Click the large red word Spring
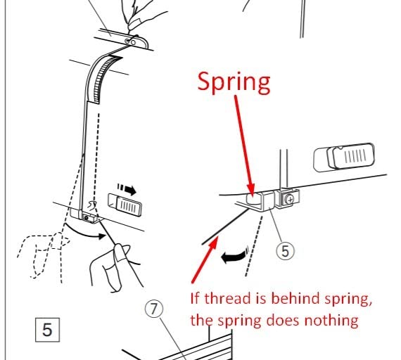click(234, 82)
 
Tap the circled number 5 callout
click(285, 251)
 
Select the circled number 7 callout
click(153, 309)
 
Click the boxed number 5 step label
click(47, 330)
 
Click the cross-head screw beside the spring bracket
click(290, 200)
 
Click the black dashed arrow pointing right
click(127, 189)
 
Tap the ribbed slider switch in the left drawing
click(125, 205)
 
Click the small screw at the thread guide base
click(87, 218)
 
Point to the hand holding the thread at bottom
click(115, 267)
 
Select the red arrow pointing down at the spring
click(244, 146)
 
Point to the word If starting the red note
click(196, 298)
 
